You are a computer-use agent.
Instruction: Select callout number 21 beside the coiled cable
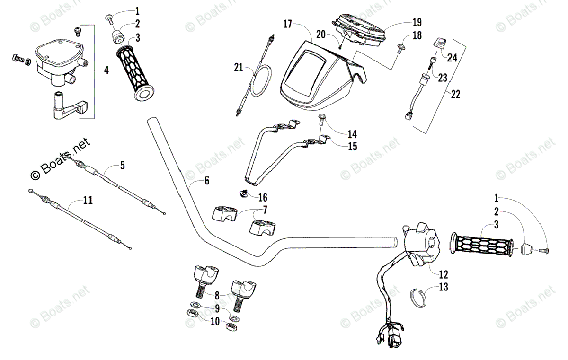click(238, 68)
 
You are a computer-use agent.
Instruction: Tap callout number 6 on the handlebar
click(207, 180)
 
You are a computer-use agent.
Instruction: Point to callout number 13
click(443, 287)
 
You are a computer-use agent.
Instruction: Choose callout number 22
click(455, 94)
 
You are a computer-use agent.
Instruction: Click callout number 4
click(106, 71)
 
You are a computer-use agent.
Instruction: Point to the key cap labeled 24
click(439, 43)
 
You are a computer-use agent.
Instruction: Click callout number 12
click(443, 274)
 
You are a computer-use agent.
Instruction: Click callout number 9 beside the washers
click(217, 309)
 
